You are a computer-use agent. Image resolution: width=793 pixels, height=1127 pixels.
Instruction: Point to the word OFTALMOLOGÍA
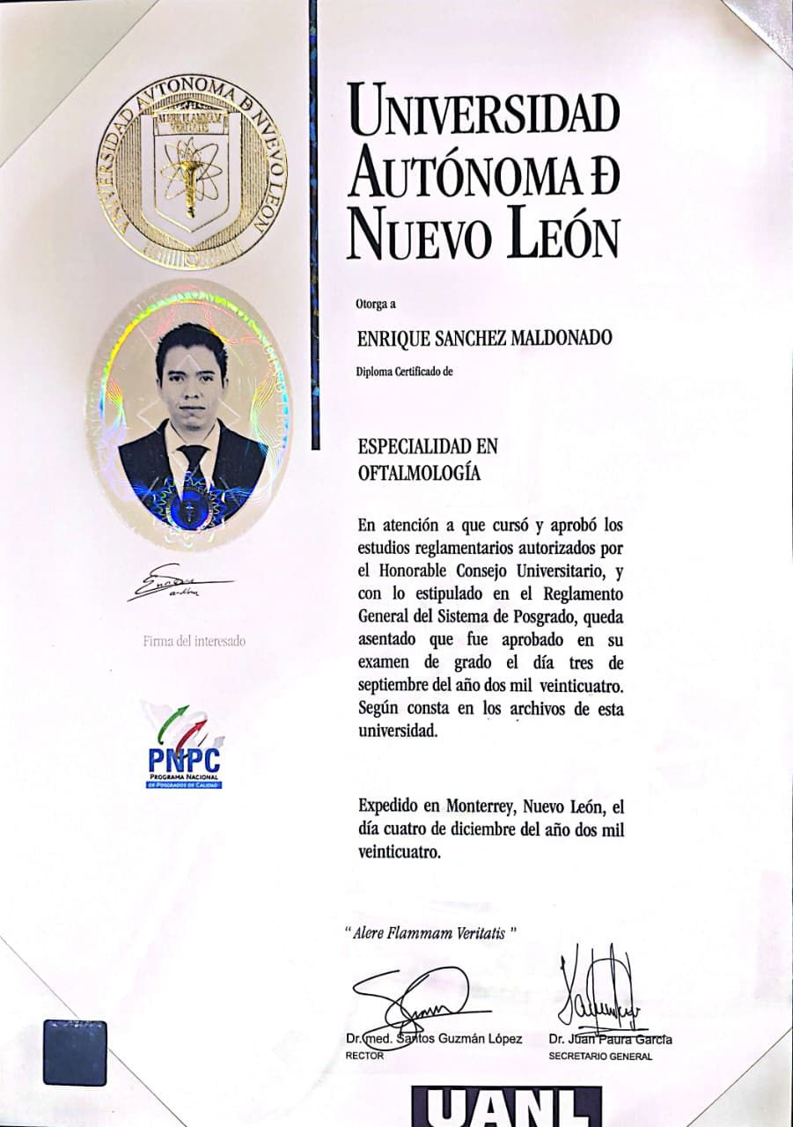tap(419, 472)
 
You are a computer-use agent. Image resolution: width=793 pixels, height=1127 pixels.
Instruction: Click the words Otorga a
tap(377, 305)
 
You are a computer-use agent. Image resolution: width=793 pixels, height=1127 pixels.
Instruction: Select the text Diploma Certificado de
tap(404, 371)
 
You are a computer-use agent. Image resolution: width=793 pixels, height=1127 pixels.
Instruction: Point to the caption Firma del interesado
tap(195, 641)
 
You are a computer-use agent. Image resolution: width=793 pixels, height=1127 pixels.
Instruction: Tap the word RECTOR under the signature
tap(365, 1056)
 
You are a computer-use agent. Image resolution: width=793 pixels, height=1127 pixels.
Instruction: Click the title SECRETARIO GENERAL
tap(599, 1056)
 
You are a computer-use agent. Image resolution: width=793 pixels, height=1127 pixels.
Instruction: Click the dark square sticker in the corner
tap(75, 1052)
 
